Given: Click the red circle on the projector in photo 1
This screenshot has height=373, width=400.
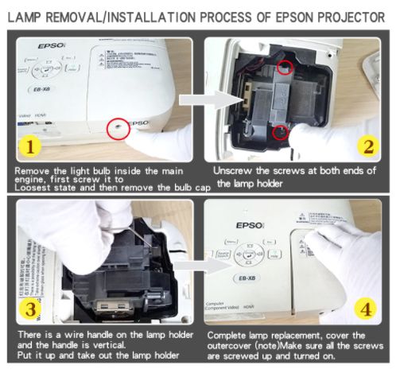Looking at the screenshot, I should pos(118,128).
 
